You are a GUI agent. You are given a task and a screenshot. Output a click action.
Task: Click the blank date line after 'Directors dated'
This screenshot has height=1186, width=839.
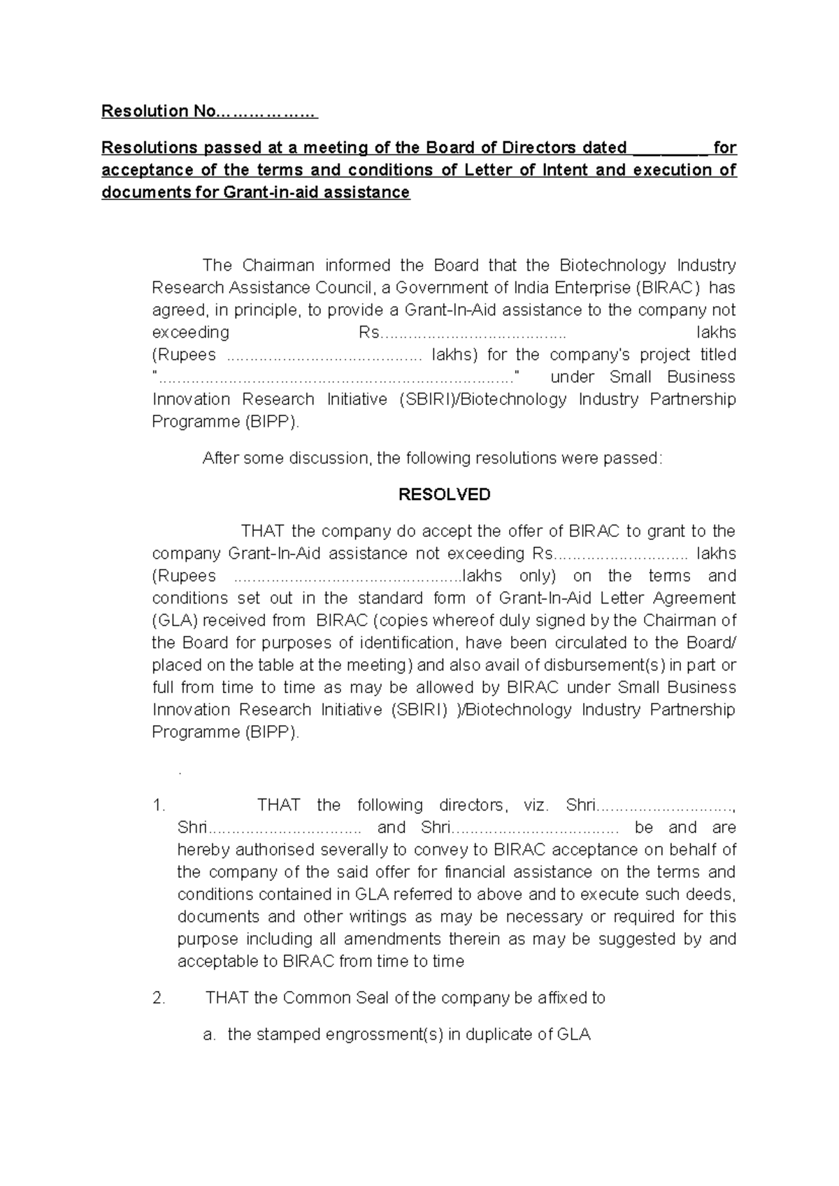coord(671,148)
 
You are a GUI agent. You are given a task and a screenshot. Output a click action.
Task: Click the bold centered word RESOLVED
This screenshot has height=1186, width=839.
coord(444,494)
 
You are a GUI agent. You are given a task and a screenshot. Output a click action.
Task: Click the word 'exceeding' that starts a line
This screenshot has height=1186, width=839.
coord(190,332)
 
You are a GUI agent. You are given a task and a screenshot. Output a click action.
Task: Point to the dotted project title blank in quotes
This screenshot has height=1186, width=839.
coord(336,378)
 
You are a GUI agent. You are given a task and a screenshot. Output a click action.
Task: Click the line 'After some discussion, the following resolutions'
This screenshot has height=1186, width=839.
coord(431,459)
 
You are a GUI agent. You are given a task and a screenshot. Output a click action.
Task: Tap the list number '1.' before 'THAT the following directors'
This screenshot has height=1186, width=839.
coord(159,806)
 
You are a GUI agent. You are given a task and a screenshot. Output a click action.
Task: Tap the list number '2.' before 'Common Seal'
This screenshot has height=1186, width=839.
coord(159,999)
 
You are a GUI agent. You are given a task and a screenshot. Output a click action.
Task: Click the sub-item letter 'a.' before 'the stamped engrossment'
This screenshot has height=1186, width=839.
coord(209,1035)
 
